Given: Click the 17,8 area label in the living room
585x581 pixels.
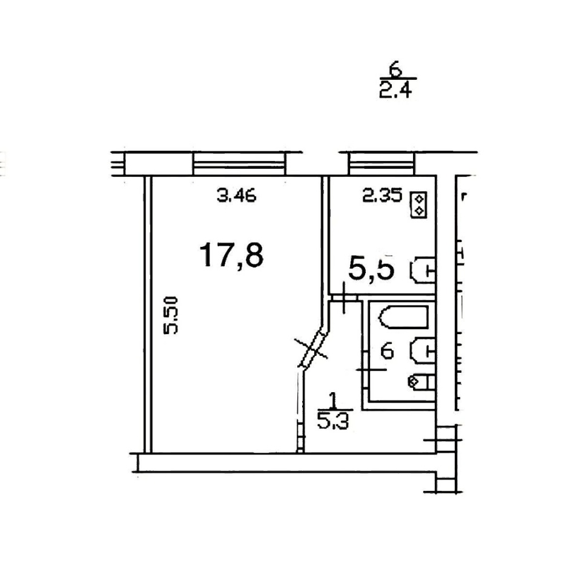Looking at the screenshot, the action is coord(232,255).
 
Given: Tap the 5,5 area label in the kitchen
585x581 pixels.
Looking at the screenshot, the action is coord(371,268).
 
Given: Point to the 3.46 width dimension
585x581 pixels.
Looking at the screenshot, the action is coord(237,195).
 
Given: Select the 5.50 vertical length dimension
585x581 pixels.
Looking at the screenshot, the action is coord(171,315).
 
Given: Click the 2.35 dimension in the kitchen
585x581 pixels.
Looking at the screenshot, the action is coord(382,195).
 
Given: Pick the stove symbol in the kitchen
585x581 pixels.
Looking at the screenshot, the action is coord(418,205).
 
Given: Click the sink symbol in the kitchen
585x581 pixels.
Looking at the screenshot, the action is coord(423,269).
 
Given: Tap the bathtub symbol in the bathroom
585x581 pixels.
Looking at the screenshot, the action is coord(403,317).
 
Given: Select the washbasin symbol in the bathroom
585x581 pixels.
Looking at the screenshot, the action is coord(423,350).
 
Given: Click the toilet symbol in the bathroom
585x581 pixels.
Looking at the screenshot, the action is coord(422,382).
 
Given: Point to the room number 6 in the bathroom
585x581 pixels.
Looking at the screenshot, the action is coord(387,351).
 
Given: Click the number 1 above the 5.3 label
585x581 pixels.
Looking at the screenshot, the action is coord(333,401).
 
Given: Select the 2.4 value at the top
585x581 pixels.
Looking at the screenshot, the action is coord(395,90).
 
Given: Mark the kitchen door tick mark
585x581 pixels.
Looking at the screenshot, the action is coord(344,298).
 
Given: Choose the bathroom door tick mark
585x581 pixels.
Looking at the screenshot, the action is coord(371,370).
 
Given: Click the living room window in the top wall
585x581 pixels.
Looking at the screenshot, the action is coord(239,164).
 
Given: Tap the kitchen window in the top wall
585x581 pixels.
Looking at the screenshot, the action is coord(382,164).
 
